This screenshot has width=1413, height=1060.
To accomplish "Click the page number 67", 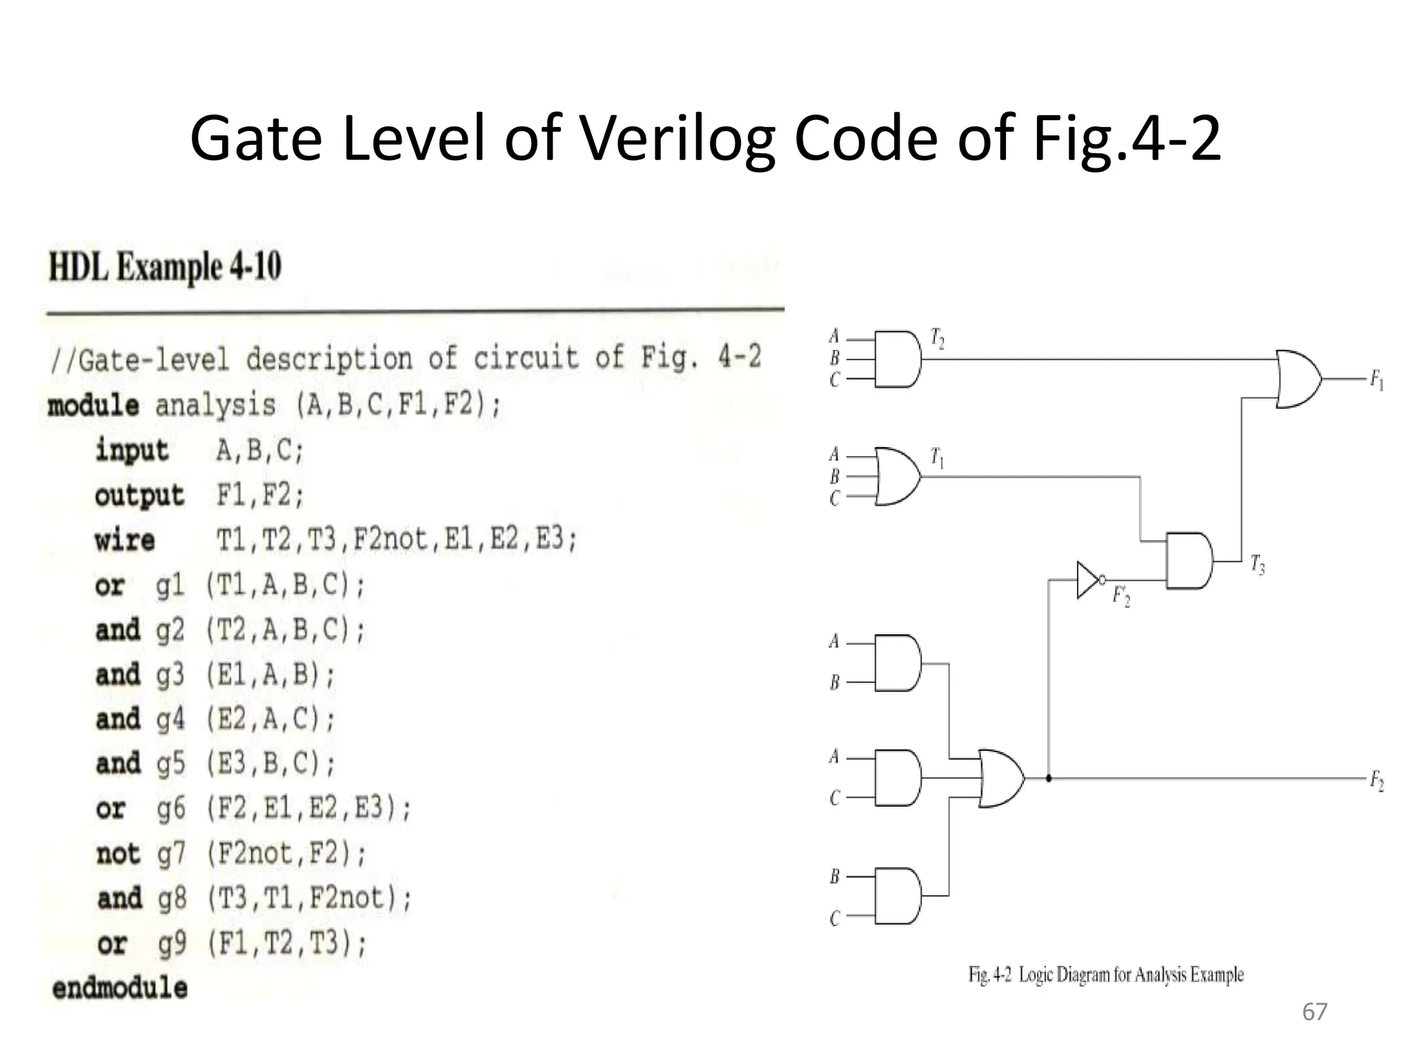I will coord(1314,1012).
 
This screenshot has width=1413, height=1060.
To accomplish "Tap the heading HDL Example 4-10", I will coord(165,268).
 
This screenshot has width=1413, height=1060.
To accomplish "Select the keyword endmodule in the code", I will coord(120,988).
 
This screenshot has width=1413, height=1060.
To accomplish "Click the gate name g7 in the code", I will coord(171,854).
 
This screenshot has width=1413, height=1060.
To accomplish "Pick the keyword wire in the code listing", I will coord(125,540).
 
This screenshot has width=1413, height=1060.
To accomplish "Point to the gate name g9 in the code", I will coord(172,943).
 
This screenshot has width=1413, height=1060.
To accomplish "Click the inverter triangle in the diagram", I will coord(1087,579).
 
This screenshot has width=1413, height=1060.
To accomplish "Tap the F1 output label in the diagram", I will coord(1376,380).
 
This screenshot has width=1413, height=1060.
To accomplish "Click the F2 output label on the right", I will coord(1376,782).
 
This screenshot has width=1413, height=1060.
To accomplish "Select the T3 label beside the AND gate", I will coord(1257,566).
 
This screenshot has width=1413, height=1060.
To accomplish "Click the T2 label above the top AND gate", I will coord(937,339).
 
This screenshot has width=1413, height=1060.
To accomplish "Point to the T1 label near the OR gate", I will coord(937,458).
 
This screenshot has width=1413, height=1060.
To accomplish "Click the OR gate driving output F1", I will coord(1298,379).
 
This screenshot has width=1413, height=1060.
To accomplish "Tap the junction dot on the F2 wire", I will coord(1049,778).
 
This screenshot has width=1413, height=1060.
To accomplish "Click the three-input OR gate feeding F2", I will coord(1000,778).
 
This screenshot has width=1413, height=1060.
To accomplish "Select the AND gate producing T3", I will coord(1188,560).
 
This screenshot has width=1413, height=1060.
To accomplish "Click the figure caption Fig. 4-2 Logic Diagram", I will coord(1106,975).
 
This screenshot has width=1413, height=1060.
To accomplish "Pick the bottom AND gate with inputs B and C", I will coord(897,896).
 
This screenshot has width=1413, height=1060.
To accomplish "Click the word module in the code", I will coord(93,405).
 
